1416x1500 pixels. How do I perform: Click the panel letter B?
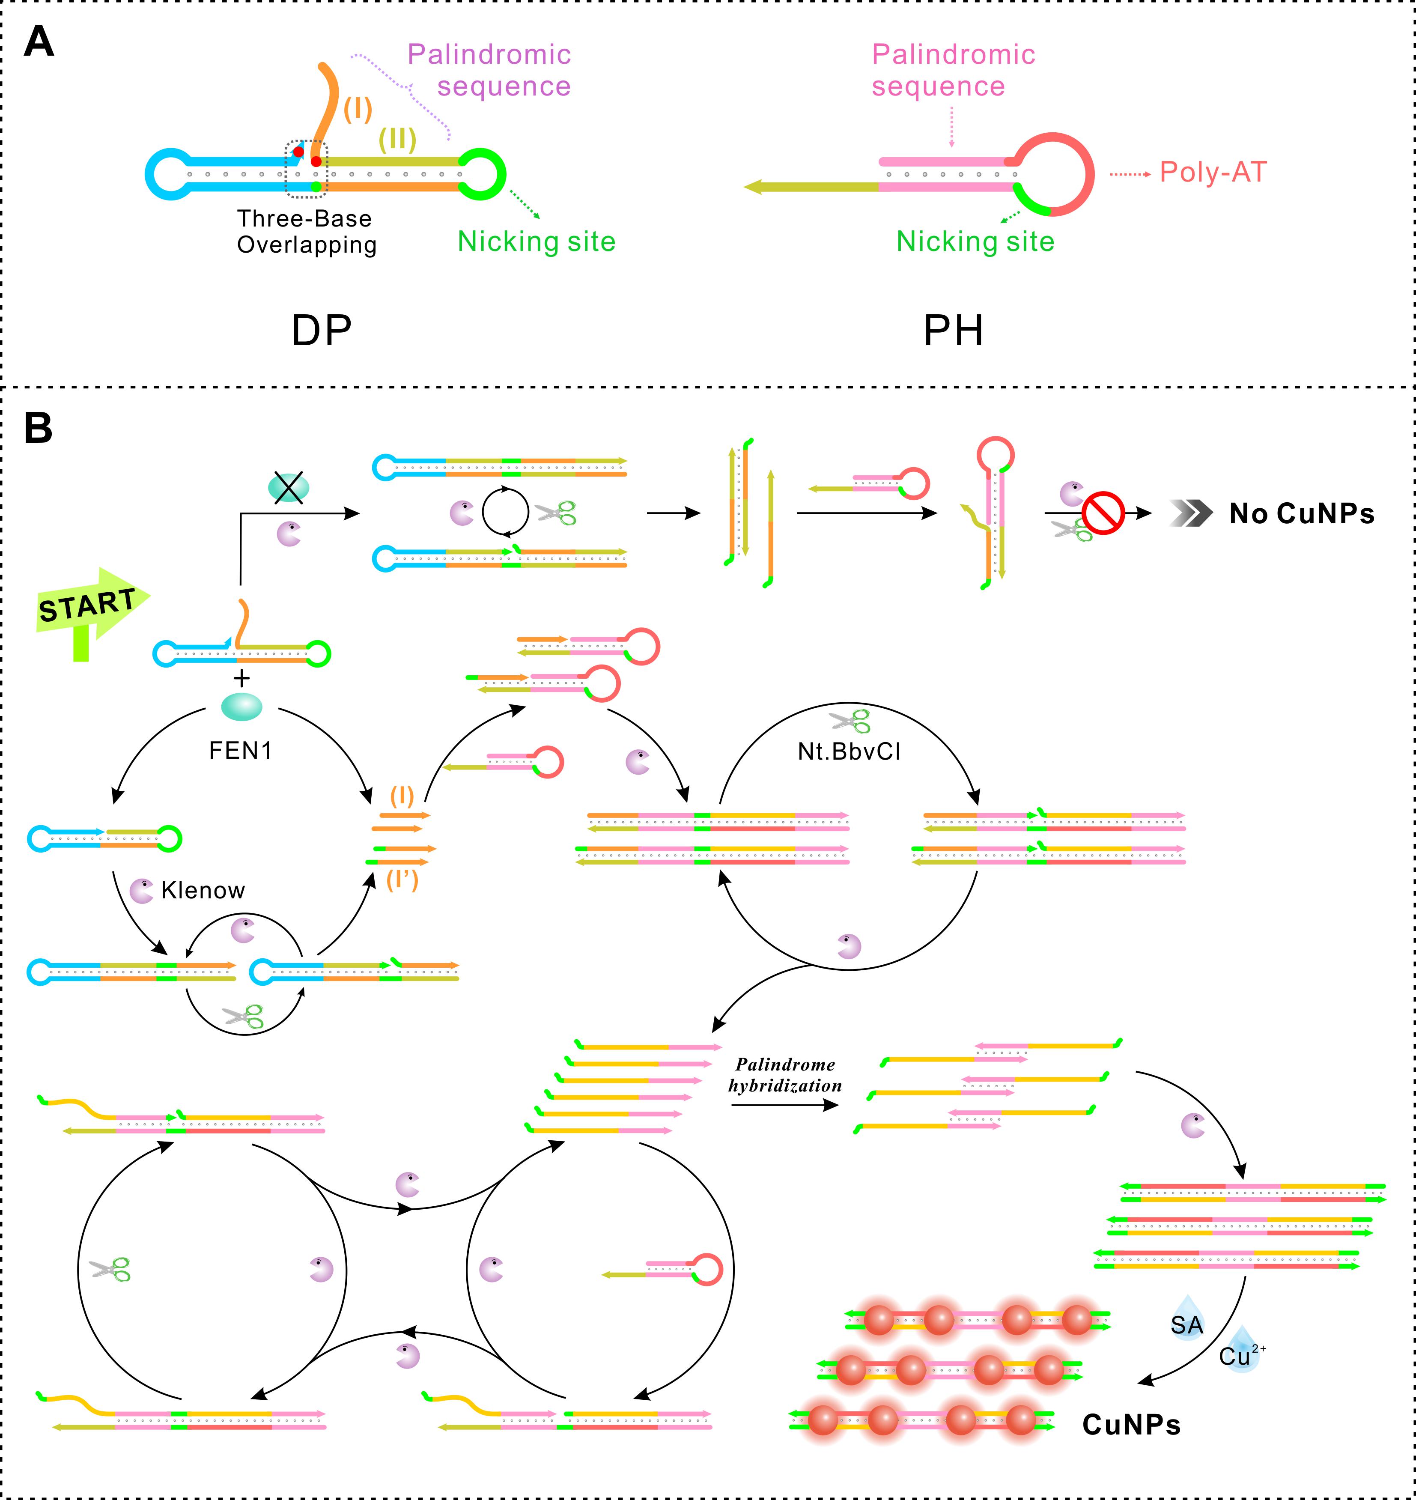pyautogui.click(x=39, y=428)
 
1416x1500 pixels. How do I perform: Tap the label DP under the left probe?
pyautogui.click(x=322, y=331)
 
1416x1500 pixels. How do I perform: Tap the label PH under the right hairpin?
pyautogui.click(x=953, y=331)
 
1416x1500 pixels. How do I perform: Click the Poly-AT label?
pyautogui.click(x=1212, y=172)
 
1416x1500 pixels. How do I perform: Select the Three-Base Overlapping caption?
pyautogui.click(x=307, y=232)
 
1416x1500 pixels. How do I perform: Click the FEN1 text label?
pyautogui.click(x=240, y=750)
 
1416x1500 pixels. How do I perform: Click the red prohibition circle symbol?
pyautogui.click(x=1103, y=514)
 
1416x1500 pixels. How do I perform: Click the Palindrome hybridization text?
pyautogui.click(x=785, y=1075)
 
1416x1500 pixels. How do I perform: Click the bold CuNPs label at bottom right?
pyautogui.click(x=1131, y=1425)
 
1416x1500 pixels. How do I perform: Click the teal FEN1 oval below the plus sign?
pyautogui.click(x=241, y=707)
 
